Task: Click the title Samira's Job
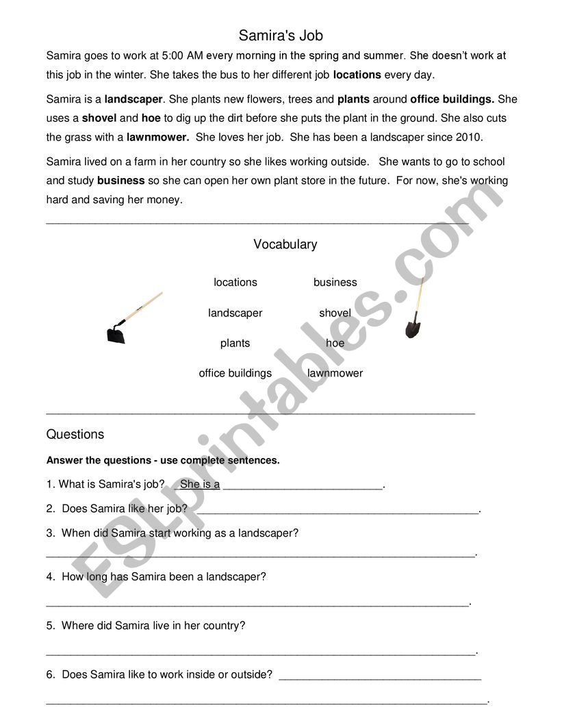pos(281,35)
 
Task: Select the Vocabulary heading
pos(285,244)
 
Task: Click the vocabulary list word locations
pos(235,282)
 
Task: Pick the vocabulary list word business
pos(335,282)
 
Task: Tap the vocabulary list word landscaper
pos(235,313)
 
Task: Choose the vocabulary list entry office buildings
pos(235,373)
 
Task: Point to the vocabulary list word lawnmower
pos(335,373)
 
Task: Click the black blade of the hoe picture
pos(116,334)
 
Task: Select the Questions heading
pos(75,435)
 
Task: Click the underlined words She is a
pos(199,485)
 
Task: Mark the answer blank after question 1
pos(303,486)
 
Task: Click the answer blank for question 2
pos(337,511)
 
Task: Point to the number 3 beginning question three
pos(50,533)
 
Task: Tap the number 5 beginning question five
pos(50,626)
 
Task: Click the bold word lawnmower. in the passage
pos(157,137)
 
